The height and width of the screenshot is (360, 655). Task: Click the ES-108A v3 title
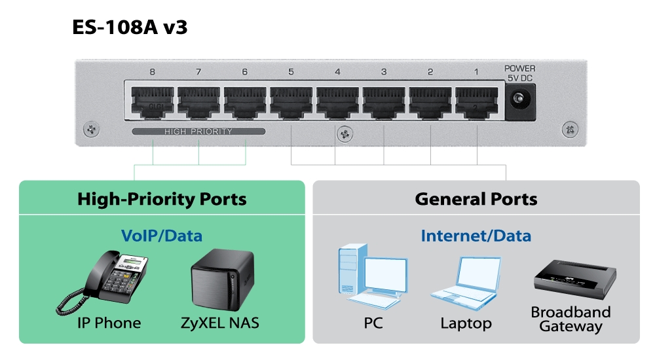(130, 27)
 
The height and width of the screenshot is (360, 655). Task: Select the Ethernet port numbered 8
(152, 102)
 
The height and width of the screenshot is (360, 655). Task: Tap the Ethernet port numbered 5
(291, 102)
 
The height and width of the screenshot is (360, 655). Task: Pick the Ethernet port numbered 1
(476, 102)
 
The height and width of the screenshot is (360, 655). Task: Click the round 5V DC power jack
(520, 101)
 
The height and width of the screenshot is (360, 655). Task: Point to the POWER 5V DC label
(520, 73)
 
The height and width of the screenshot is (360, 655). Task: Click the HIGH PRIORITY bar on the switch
(198, 132)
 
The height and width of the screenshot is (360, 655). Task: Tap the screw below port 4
(341, 134)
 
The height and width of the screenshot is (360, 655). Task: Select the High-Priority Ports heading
(162, 199)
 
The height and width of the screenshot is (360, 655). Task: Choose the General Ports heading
(476, 199)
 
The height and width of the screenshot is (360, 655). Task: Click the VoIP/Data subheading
(162, 235)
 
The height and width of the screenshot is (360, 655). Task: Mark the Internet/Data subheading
(476, 235)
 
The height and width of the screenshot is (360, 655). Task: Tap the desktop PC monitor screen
(385, 276)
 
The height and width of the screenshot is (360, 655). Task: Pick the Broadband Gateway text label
(571, 319)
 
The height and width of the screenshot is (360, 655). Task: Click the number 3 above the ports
(384, 72)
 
